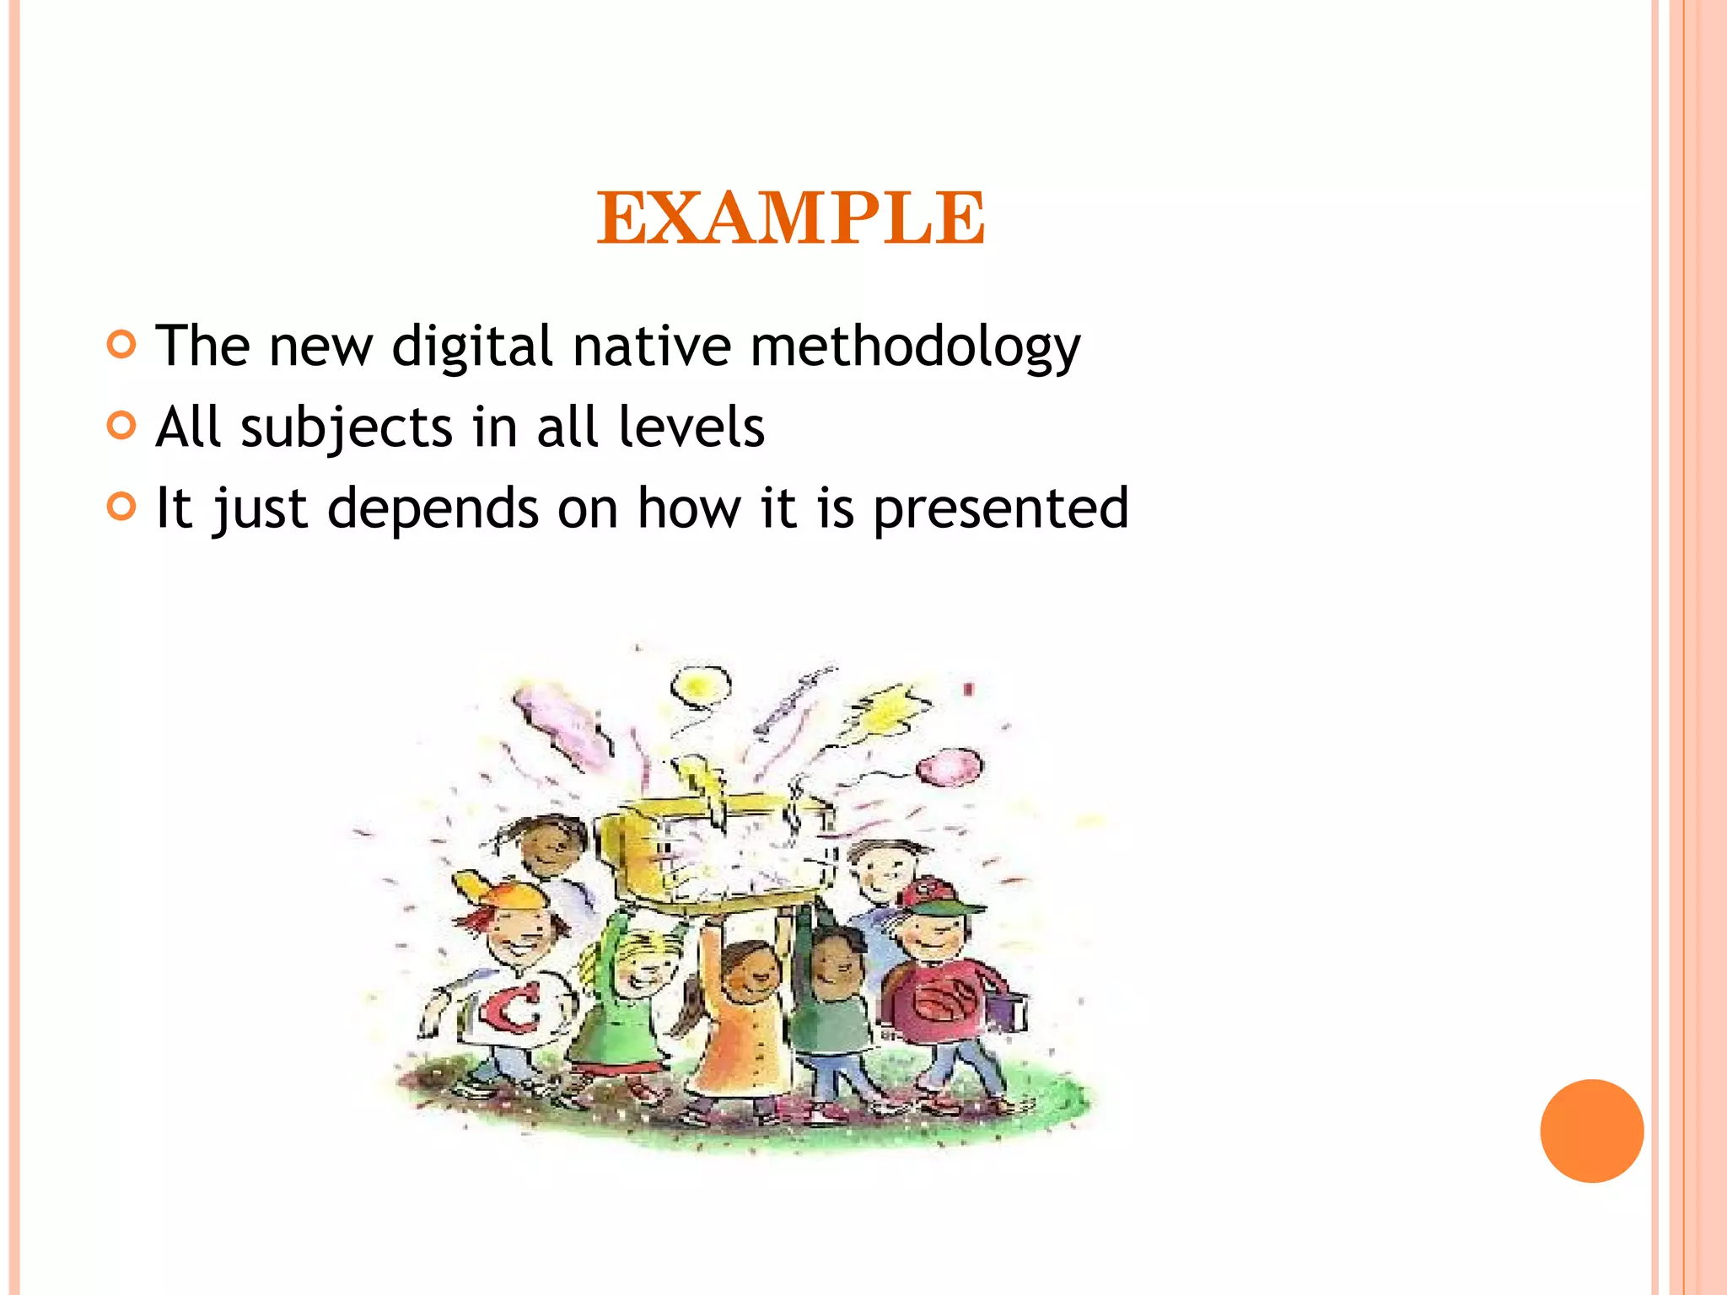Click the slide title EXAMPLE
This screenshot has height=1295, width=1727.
tap(790, 218)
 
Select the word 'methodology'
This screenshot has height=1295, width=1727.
tap(915, 347)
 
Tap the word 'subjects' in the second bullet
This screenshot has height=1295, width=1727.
tap(347, 427)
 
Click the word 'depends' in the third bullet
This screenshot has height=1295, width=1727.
tap(433, 508)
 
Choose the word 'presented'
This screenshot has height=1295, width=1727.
tap(1000, 508)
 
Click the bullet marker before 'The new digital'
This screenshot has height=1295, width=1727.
tap(122, 344)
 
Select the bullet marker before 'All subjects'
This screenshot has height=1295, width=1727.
tap(122, 425)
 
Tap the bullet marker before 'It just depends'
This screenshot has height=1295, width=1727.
tap(122, 506)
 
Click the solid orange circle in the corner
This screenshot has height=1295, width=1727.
tap(1591, 1131)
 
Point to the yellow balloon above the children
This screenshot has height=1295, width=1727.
tap(699, 685)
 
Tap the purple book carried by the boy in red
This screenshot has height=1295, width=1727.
tap(1009, 1011)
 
